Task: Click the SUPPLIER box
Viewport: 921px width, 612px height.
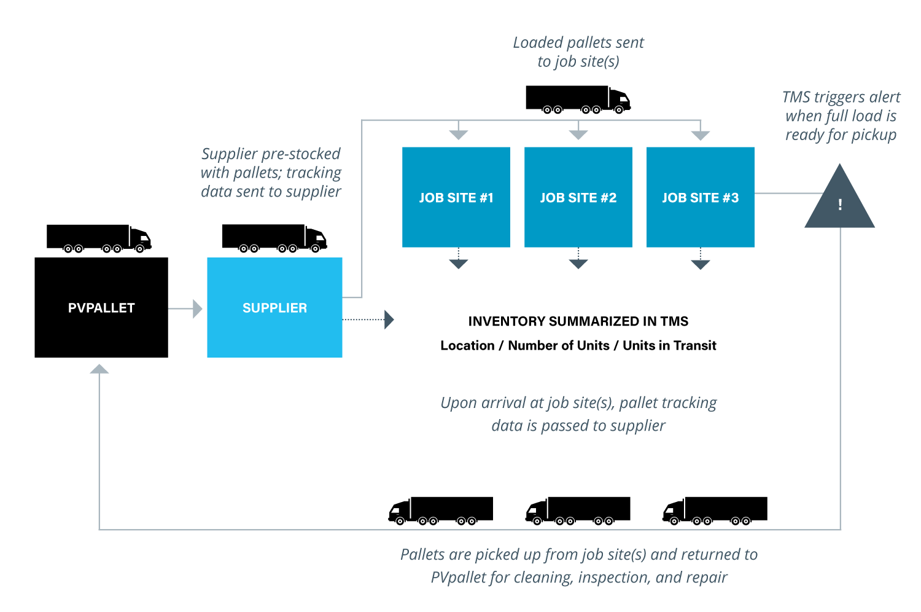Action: (274, 308)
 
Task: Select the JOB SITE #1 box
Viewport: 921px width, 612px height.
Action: (456, 197)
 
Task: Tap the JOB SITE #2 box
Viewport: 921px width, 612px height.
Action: (578, 197)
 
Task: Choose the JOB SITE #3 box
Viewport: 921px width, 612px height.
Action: (700, 197)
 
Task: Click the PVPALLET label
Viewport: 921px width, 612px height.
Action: (101, 308)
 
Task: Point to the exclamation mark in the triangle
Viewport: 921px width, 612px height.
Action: (840, 205)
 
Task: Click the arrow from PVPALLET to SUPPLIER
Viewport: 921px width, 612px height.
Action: (185, 308)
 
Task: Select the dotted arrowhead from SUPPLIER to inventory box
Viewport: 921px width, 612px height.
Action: (389, 320)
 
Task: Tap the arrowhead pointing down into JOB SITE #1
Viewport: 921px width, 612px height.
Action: (458, 135)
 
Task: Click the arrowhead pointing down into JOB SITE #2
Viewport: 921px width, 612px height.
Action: (578, 135)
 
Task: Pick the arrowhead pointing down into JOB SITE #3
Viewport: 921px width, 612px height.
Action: (700, 135)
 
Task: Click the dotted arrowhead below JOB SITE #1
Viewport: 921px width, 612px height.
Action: (458, 264)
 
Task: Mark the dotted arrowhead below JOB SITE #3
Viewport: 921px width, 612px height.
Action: (700, 264)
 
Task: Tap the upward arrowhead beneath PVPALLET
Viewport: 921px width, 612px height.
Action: (99, 369)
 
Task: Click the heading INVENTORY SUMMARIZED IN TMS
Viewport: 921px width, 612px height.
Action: (578, 321)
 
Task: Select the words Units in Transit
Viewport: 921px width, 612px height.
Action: (669, 345)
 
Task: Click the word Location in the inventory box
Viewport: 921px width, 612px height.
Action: (467, 345)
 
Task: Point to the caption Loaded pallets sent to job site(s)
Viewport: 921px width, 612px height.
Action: (578, 52)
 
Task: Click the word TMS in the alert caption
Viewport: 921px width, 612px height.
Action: (796, 97)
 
